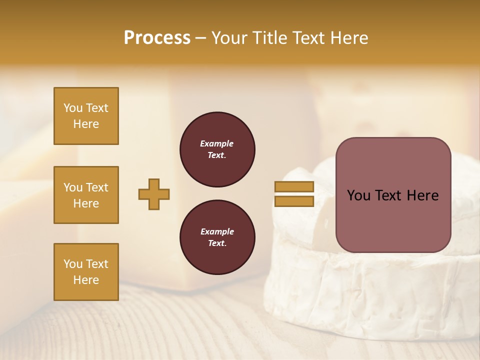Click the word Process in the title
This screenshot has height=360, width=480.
[x=157, y=38]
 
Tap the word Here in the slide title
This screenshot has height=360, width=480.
[x=347, y=38]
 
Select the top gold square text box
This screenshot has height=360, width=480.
[x=86, y=116]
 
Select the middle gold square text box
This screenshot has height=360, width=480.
[x=86, y=195]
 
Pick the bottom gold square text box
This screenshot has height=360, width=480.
[x=86, y=272]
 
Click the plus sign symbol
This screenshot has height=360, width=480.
[x=154, y=194]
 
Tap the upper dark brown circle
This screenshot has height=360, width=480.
[x=217, y=149]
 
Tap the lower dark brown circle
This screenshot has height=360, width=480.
[x=217, y=237]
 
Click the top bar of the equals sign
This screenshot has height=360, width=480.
[x=294, y=186]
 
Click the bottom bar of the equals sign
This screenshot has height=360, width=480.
[x=294, y=201]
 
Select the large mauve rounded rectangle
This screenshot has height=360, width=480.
[x=393, y=220]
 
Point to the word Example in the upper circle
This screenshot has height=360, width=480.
[x=217, y=143]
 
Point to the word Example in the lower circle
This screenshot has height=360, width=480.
[x=217, y=231]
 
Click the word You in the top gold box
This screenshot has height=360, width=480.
[x=73, y=108]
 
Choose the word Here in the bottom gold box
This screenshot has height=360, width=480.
[x=86, y=280]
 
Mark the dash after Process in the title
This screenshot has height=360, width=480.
[x=201, y=38]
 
